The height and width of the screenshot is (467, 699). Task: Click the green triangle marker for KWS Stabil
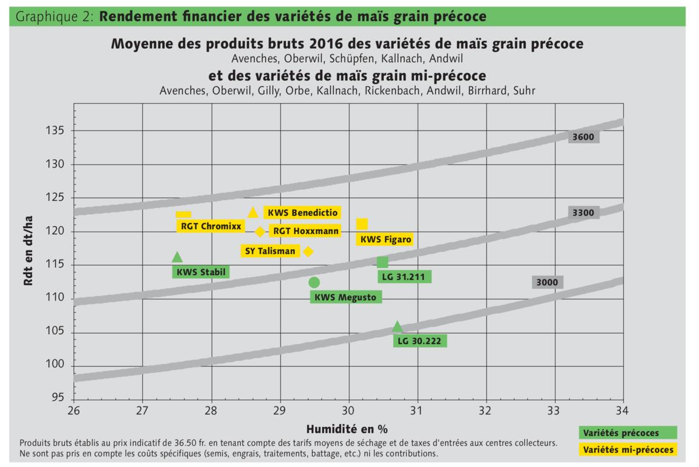pyautogui.click(x=177, y=257)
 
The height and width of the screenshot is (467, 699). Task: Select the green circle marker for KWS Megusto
pyautogui.click(x=314, y=282)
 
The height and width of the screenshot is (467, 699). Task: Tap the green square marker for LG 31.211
pyautogui.click(x=383, y=263)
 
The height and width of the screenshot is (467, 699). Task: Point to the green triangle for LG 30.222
pyautogui.click(x=397, y=327)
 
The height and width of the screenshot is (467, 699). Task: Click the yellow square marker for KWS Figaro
pyautogui.click(x=362, y=224)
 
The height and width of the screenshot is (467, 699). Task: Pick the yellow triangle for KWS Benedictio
pyautogui.click(x=253, y=213)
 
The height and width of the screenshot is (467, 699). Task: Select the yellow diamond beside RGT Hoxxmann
pyautogui.click(x=260, y=232)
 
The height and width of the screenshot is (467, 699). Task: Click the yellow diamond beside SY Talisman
pyautogui.click(x=308, y=252)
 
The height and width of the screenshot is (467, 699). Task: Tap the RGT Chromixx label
pyautogui.click(x=202, y=226)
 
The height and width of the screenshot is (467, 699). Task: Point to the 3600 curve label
pyautogui.click(x=583, y=137)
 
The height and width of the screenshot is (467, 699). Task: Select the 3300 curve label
pyautogui.click(x=583, y=213)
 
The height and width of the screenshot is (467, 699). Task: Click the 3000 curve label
pyautogui.click(x=547, y=282)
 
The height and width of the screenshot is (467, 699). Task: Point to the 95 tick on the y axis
pyautogui.click(x=57, y=398)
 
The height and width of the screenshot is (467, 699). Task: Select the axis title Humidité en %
pyautogui.click(x=348, y=429)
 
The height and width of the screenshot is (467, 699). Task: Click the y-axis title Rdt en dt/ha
pyautogui.click(x=27, y=251)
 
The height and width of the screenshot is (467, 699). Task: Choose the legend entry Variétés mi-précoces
pyautogui.click(x=628, y=450)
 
